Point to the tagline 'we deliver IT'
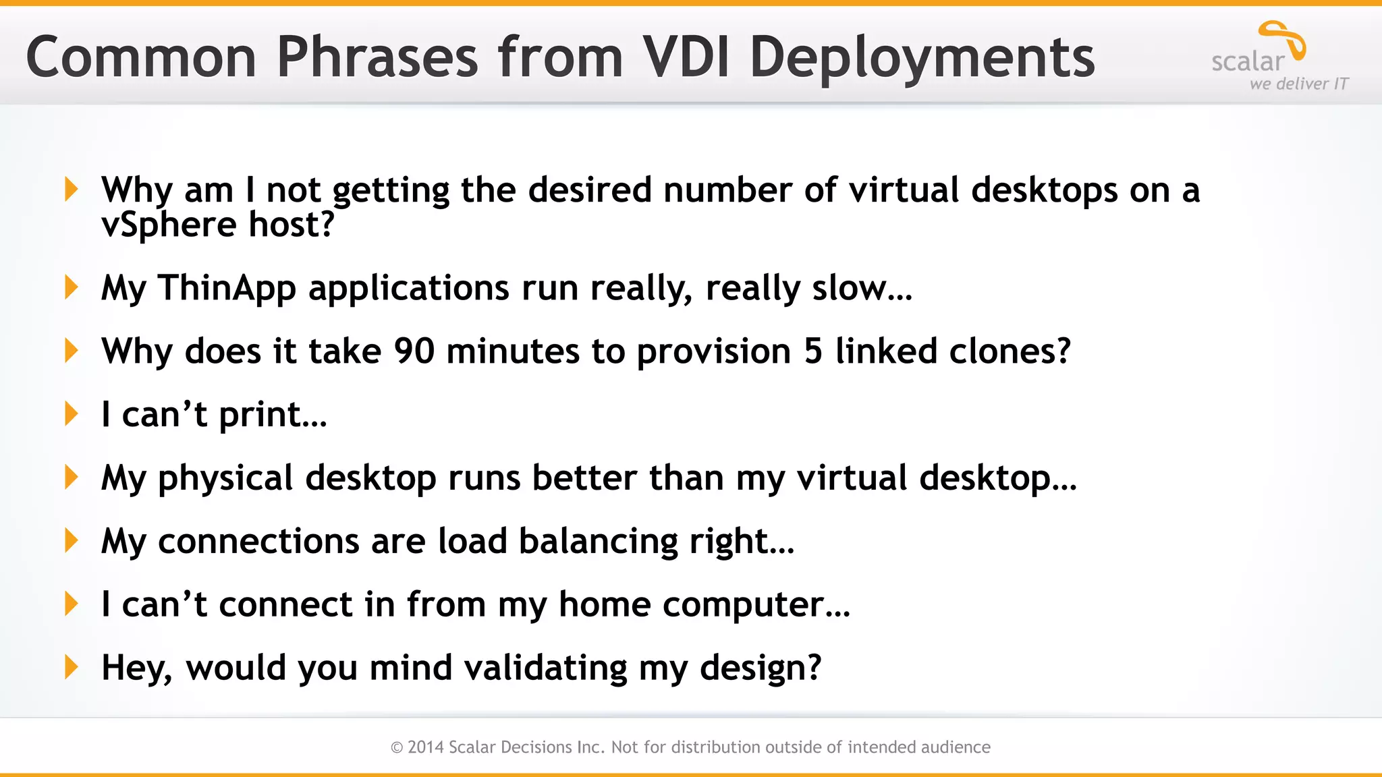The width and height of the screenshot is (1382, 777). click(x=1299, y=84)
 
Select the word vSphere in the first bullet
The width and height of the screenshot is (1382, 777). click(x=168, y=225)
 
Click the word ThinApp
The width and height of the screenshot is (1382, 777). click(x=227, y=288)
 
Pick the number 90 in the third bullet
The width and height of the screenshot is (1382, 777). click(x=414, y=351)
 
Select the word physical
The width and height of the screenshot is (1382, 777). click(x=225, y=479)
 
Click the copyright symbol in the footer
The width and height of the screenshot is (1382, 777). click(x=397, y=747)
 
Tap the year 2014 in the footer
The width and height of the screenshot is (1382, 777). click(x=425, y=747)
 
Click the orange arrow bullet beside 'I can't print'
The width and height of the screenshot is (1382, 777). click(x=71, y=413)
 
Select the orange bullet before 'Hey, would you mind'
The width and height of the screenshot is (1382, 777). click(x=71, y=667)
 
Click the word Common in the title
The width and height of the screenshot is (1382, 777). click(x=141, y=57)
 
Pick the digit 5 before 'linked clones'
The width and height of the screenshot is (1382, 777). click(x=813, y=351)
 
